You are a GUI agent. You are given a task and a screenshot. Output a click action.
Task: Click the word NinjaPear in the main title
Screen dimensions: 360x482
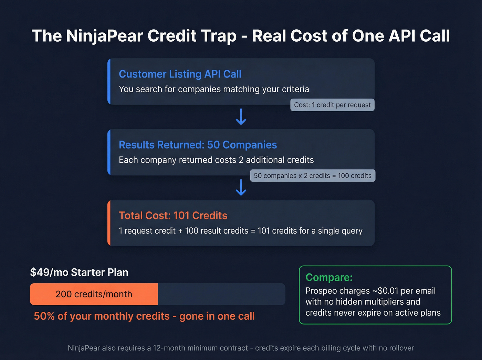(x=104, y=36)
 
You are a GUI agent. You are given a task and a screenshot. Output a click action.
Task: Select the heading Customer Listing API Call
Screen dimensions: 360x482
(x=180, y=74)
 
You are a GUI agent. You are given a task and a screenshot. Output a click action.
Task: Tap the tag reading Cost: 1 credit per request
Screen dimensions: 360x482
(x=332, y=105)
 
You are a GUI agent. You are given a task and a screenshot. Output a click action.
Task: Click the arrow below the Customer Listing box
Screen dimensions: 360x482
(x=241, y=117)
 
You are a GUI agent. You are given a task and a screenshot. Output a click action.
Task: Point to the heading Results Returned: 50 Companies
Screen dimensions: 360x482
(x=198, y=145)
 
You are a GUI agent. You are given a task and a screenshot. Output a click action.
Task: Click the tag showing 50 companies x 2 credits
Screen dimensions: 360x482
(x=313, y=176)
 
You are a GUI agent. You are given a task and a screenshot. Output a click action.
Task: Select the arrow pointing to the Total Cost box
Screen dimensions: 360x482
(x=241, y=188)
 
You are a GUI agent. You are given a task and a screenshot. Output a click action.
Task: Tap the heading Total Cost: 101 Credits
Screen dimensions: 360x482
(x=173, y=216)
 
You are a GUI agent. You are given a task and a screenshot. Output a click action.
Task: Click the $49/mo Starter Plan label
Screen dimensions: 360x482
(x=79, y=272)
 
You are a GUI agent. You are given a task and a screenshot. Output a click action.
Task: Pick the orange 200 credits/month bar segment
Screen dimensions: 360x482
(x=94, y=294)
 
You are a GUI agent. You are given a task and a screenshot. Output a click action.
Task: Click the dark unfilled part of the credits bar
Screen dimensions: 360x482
(x=221, y=294)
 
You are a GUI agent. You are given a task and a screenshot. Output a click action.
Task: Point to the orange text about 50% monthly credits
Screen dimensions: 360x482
(x=144, y=316)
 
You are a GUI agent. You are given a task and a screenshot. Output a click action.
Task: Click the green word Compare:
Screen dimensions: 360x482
(x=329, y=277)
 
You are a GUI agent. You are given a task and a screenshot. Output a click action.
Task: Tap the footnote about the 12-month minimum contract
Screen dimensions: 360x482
(x=241, y=348)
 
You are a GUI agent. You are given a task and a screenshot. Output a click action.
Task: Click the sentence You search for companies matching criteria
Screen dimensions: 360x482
(x=214, y=89)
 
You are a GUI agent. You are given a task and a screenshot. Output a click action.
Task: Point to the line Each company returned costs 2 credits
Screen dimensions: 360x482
(x=216, y=160)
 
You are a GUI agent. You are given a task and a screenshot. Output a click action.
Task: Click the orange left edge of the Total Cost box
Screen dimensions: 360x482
(x=109, y=223)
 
